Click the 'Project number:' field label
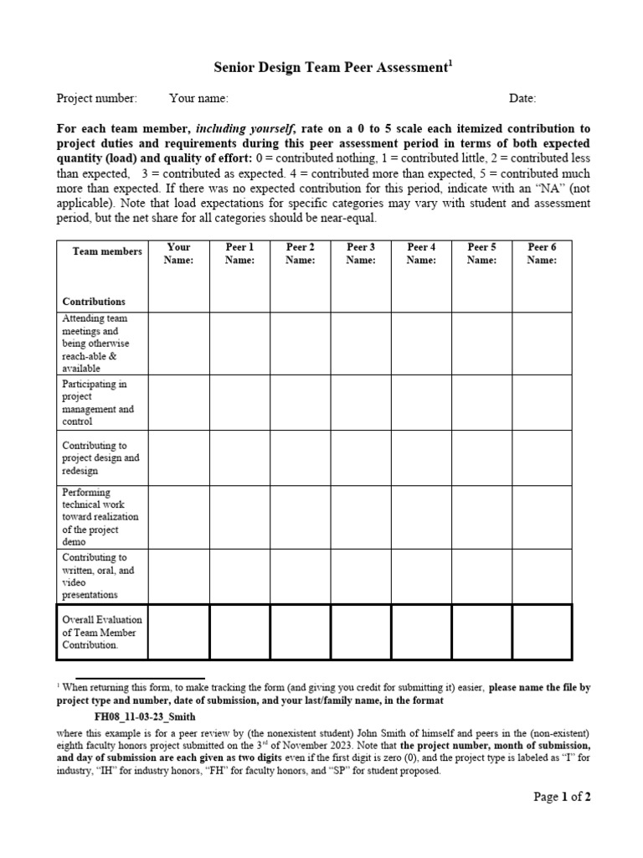(x=96, y=99)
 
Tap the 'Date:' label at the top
(x=522, y=99)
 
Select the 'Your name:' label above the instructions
(x=198, y=99)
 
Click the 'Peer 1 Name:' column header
(x=239, y=254)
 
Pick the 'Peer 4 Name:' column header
(x=421, y=254)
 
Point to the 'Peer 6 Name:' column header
(x=542, y=254)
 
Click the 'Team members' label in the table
(x=107, y=251)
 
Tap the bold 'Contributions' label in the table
(x=94, y=302)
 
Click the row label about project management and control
(x=98, y=403)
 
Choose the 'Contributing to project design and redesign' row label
(x=100, y=458)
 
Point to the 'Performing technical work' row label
(x=100, y=517)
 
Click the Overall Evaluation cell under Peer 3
(x=361, y=632)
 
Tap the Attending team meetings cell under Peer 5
(x=481, y=343)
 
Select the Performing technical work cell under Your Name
(x=179, y=516)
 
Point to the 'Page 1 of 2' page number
(x=562, y=797)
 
